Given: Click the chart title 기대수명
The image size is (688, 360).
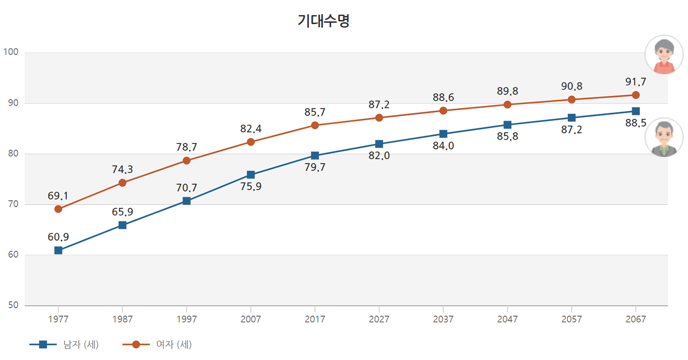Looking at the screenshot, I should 324,21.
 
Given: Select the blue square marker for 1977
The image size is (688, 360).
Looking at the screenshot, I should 58,250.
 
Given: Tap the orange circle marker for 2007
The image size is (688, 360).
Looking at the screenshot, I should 251,142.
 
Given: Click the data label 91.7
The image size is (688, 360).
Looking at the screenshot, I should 636,82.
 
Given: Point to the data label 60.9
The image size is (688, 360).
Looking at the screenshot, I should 58,237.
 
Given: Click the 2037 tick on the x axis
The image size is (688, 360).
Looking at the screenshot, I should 443,319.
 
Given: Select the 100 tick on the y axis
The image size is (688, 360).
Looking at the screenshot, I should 11,52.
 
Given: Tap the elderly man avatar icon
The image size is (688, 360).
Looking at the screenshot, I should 664,137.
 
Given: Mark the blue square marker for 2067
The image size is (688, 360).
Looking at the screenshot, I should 636,111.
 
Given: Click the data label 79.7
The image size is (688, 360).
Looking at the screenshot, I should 315,167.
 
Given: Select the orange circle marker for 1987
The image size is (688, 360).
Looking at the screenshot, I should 122,183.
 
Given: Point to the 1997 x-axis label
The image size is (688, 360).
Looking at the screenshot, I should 187,319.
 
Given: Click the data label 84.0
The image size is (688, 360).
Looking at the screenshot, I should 443,146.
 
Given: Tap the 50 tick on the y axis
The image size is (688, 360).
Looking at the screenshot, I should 12,305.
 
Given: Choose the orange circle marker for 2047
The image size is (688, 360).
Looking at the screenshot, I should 507,105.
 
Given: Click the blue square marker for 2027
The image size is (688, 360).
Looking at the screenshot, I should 379,144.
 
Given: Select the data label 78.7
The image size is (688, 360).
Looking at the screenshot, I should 187,147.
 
